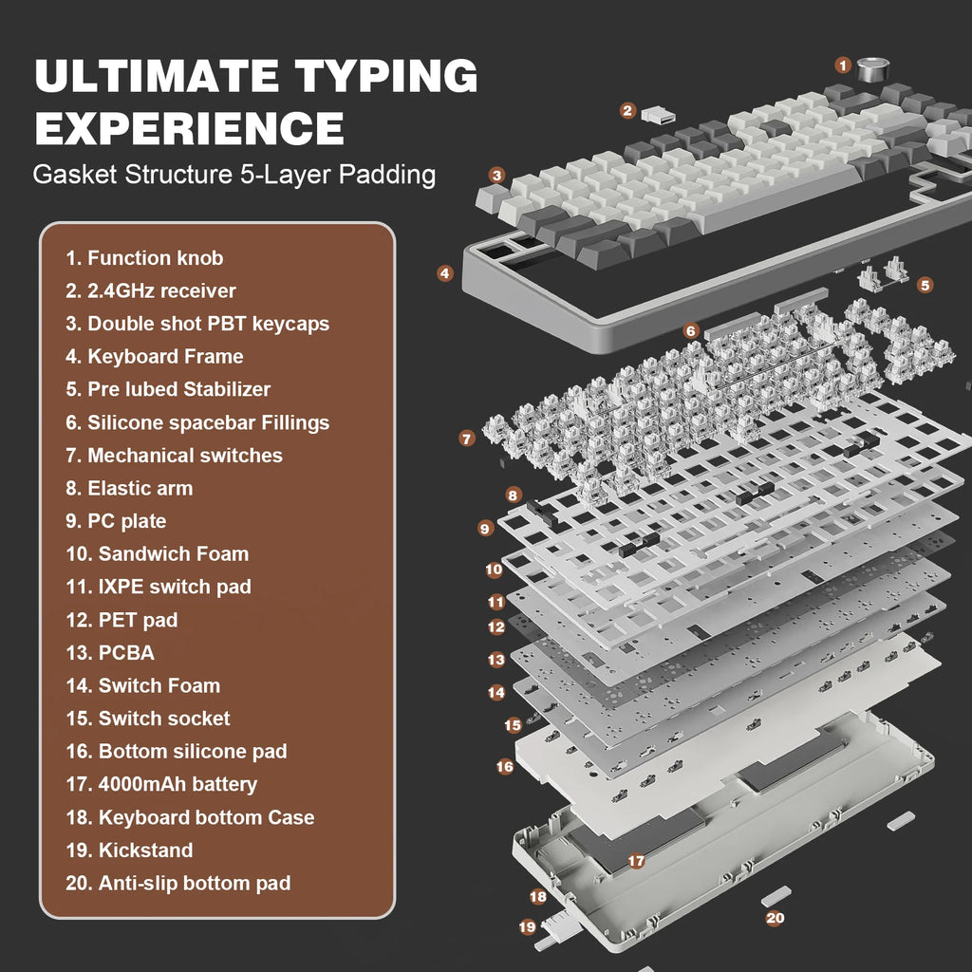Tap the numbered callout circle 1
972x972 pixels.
(843, 65)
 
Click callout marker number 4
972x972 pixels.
(445, 273)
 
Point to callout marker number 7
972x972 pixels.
(466, 439)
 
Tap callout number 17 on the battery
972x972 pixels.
(636, 861)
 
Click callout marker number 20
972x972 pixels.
(776, 918)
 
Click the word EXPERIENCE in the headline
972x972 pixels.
(189, 128)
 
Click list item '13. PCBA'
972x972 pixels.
(110, 653)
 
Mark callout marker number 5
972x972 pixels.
(925, 284)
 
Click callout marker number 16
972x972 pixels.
(505, 765)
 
